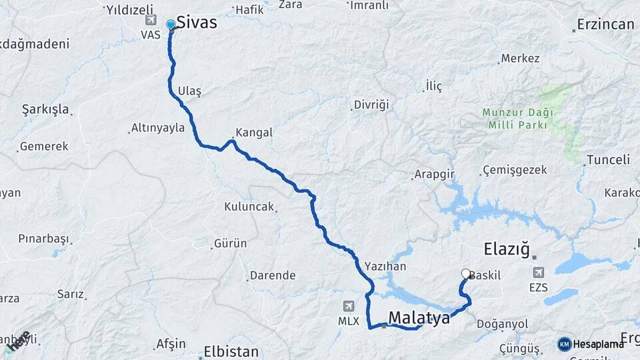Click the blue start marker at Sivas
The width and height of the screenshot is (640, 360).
(x=171, y=25)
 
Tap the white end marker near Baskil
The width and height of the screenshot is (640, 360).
(x=466, y=273)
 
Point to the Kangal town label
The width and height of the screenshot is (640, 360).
(x=253, y=133)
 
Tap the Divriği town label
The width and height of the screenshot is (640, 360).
(x=371, y=105)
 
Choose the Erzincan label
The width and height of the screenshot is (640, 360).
(x=606, y=25)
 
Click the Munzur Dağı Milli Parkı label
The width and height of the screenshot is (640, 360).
(x=517, y=118)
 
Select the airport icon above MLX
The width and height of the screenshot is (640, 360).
(x=348, y=306)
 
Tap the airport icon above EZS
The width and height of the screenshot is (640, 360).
(x=538, y=272)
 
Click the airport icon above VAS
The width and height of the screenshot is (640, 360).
(x=150, y=20)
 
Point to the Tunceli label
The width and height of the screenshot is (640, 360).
(x=607, y=160)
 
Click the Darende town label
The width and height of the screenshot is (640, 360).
(x=272, y=275)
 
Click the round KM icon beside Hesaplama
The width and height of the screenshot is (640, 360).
(x=565, y=344)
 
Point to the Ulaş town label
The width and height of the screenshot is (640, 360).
(x=189, y=90)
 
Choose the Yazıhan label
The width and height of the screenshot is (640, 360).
(x=385, y=264)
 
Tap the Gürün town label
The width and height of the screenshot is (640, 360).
(x=231, y=244)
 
